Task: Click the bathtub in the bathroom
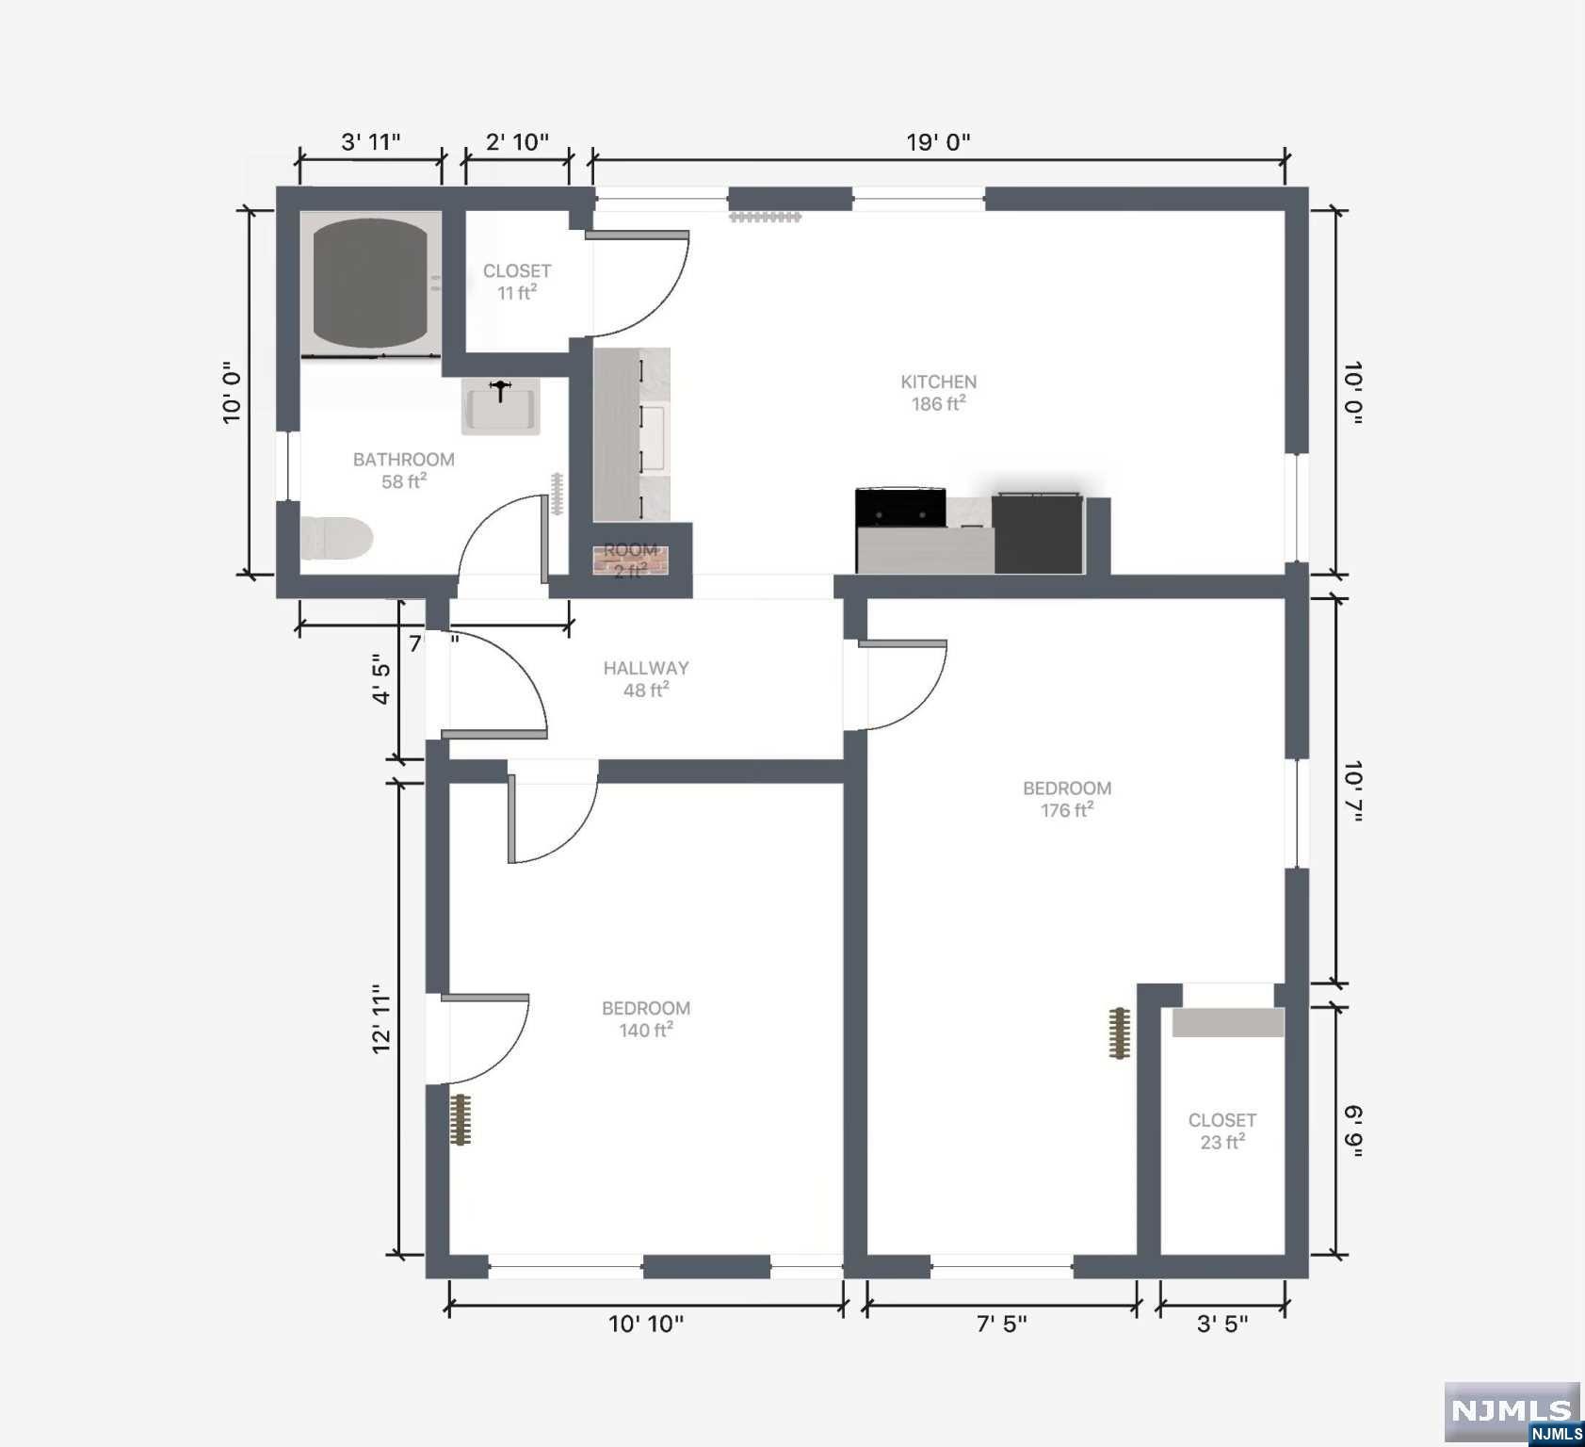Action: (370, 283)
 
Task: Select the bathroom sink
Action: (500, 407)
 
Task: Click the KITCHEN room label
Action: (938, 382)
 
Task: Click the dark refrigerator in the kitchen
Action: (1038, 533)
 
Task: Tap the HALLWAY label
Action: (646, 668)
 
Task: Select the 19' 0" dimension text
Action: (938, 142)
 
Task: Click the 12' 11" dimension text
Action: (381, 1019)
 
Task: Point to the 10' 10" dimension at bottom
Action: (646, 1324)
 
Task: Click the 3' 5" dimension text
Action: (1221, 1324)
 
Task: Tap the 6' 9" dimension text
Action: (1353, 1130)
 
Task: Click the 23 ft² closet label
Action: (1221, 1142)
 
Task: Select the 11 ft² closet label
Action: (516, 293)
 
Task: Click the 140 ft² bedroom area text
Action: (646, 1031)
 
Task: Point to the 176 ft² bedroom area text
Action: (1066, 810)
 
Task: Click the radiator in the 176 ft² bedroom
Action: (1119, 1033)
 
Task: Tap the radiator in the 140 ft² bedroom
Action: (460, 1119)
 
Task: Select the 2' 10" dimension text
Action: (517, 142)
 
